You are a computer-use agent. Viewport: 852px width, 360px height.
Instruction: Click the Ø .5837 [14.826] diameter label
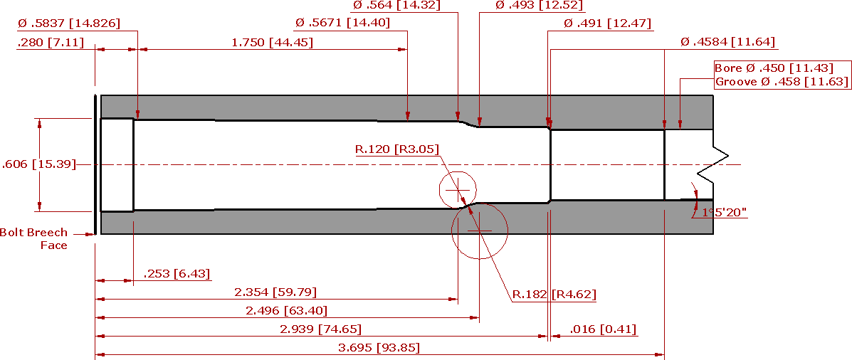pos(68,23)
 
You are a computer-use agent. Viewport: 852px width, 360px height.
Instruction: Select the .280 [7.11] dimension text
pos(51,43)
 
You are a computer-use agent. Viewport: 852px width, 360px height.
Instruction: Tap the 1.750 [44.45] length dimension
pos(272,43)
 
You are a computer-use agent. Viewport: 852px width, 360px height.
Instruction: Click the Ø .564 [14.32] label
pos(396,6)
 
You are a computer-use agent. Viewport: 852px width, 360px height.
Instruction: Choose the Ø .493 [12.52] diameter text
pos(540,6)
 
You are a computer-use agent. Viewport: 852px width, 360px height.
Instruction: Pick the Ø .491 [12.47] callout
pos(607,23)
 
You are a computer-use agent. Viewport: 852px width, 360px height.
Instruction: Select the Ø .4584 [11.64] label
pos(727,42)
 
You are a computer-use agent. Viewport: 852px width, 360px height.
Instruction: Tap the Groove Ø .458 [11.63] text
pos(782,82)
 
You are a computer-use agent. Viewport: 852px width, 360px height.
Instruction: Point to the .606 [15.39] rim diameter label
pos(39,164)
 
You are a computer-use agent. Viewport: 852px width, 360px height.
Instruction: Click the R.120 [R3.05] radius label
pos(396,149)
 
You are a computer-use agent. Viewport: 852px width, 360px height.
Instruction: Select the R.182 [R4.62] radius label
pos(554,295)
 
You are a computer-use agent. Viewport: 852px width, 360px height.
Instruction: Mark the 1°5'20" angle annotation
pos(725,212)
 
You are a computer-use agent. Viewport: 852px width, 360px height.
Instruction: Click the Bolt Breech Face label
pos(33,239)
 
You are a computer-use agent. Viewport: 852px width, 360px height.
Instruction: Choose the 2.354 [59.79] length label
pos(275,292)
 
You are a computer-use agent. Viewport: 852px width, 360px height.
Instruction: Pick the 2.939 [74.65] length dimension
pos(320,329)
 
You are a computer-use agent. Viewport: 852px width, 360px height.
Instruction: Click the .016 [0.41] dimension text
pos(603,329)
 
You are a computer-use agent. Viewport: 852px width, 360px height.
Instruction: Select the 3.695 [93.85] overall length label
pos(379,347)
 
